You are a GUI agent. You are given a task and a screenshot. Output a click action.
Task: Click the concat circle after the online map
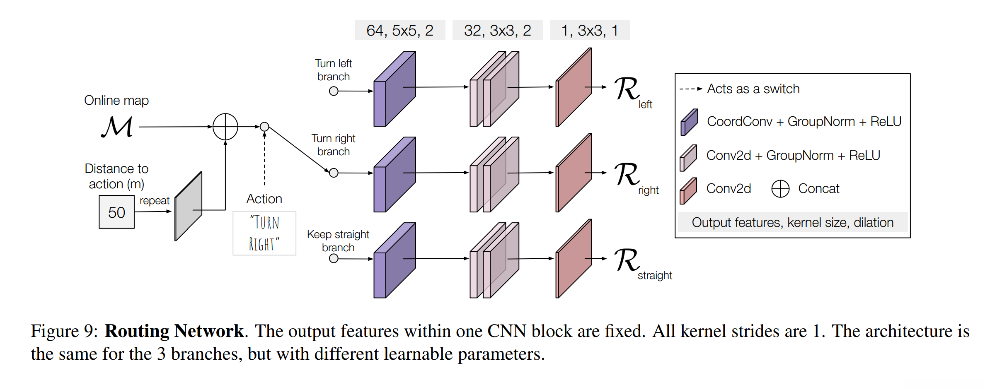pyautogui.click(x=225, y=127)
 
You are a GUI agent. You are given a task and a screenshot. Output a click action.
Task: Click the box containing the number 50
pyautogui.click(x=116, y=212)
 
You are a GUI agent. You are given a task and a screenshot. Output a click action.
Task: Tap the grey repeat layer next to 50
pyautogui.click(x=189, y=206)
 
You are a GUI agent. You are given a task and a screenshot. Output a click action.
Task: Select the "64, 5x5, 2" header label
pyautogui.click(x=400, y=30)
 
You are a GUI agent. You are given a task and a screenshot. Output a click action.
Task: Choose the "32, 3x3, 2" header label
pyautogui.click(x=497, y=30)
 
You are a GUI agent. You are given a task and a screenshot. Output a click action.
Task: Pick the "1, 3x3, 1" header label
pyautogui.click(x=590, y=30)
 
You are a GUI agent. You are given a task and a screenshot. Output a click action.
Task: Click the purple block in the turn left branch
pyautogui.click(x=394, y=89)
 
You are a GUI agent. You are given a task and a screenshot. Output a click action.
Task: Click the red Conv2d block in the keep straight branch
pyautogui.click(x=574, y=259)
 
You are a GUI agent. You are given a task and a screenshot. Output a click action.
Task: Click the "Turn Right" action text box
pyautogui.click(x=264, y=233)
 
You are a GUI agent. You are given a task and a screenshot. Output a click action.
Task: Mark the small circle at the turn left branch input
pyautogui.click(x=334, y=91)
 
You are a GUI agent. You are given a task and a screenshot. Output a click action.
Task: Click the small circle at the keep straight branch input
pyautogui.click(x=334, y=259)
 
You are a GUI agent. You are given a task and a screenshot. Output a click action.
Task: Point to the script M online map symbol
pyautogui.click(x=117, y=127)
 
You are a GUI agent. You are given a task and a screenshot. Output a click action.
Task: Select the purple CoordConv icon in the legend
pyautogui.click(x=689, y=122)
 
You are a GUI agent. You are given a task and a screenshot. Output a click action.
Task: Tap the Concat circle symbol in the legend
pyautogui.click(x=780, y=189)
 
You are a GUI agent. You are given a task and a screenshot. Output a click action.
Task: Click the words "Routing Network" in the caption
pyautogui.click(x=174, y=331)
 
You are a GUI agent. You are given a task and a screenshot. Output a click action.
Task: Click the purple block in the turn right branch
pyautogui.click(x=394, y=175)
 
